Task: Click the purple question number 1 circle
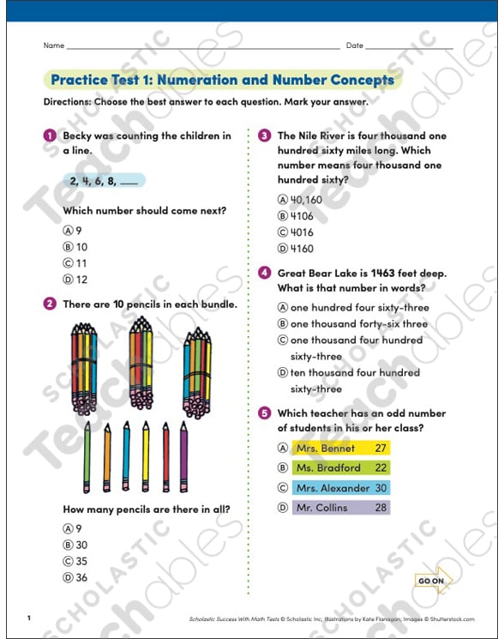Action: click(50, 136)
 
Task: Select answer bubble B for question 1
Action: click(68, 247)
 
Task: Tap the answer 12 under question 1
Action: click(81, 280)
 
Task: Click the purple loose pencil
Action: click(184, 456)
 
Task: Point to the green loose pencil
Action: click(87, 457)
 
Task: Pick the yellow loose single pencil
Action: click(146, 456)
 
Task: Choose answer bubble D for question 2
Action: click(68, 577)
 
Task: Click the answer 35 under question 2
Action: click(81, 561)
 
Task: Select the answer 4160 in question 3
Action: click(302, 249)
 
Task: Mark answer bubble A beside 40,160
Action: click(283, 200)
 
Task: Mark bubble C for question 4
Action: click(283, 340)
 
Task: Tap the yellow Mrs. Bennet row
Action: click(341, 448)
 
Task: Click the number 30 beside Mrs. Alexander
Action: click(381, 488)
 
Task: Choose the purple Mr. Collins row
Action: click(341, 508)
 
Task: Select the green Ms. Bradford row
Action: click(341, 467)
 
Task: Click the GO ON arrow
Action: click(434, 581)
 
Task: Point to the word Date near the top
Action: click(355, 45)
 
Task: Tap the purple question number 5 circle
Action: click(265, 413)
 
